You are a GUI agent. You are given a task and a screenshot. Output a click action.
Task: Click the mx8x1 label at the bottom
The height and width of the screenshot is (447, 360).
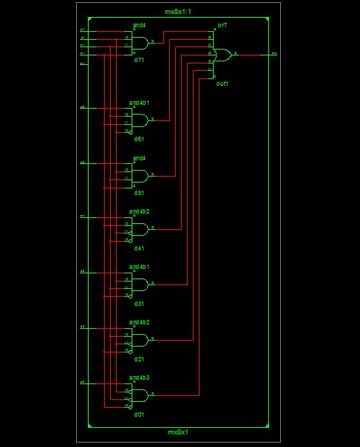click(177, 431)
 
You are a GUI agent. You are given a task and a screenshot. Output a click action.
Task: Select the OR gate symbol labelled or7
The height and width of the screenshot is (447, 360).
click(221, 54)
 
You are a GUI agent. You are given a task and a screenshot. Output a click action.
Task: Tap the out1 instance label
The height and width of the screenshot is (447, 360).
click(222, 83)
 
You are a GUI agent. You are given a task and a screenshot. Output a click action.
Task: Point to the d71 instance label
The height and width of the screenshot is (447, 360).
click(138, 60)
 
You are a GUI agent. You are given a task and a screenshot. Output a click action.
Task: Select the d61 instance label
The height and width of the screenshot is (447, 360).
click(138, 138)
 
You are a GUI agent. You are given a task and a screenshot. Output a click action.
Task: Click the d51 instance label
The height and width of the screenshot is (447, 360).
click(138, 193)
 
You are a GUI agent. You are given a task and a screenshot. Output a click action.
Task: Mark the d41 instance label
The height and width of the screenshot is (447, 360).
click(138, 248)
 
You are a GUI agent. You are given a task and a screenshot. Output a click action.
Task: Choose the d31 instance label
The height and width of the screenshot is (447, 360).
click(138, 304)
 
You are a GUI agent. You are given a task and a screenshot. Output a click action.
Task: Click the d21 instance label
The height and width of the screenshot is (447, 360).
click(138, 359)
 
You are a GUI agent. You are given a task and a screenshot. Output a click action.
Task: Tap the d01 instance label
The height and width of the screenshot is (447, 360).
click(138, 414)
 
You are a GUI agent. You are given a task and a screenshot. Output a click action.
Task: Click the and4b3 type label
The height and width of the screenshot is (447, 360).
click(140, 378)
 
